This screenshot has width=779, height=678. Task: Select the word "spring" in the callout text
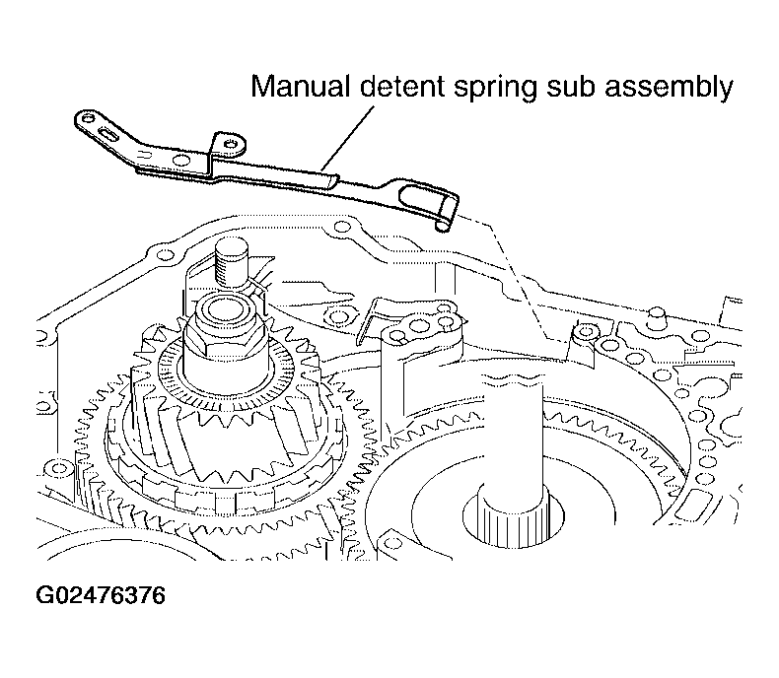(x=495, y=89)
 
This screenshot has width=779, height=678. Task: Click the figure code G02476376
(x=101, y=595)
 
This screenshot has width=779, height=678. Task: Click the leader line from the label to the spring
(x=347, y=138)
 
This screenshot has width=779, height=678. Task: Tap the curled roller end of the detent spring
(x=443, y=225)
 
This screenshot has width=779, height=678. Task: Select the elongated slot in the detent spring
(x=107, y=133)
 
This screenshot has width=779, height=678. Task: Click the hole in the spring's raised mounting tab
(x=232, y=144)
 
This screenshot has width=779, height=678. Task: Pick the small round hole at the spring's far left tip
(x=88, y=118)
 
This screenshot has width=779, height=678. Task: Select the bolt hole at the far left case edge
(x=59, y=467)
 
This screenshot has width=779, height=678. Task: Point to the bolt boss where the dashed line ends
(x=586, y=331)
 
